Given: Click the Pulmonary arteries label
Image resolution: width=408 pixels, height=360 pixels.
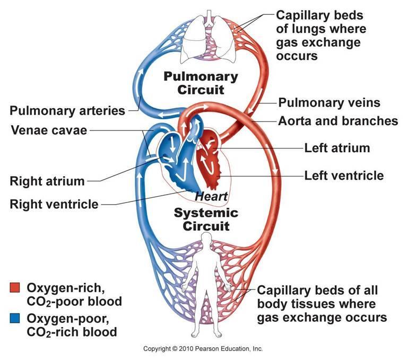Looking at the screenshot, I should pos(67,111).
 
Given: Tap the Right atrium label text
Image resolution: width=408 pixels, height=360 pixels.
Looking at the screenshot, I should pos(47,181).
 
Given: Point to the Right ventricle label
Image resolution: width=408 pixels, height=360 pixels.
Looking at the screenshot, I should pos(54,204).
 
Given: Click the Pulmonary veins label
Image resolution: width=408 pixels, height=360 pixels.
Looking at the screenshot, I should pos(329,102).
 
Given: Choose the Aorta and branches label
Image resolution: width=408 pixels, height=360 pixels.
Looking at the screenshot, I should pos(338,121).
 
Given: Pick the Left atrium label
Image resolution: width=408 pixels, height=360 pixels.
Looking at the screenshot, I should pos(337,148).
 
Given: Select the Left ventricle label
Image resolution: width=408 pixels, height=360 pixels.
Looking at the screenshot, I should pos(344,175).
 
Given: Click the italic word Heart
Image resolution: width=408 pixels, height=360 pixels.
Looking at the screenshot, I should pos(211,196).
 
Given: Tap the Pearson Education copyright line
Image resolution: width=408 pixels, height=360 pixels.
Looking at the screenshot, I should pos(203,349).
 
